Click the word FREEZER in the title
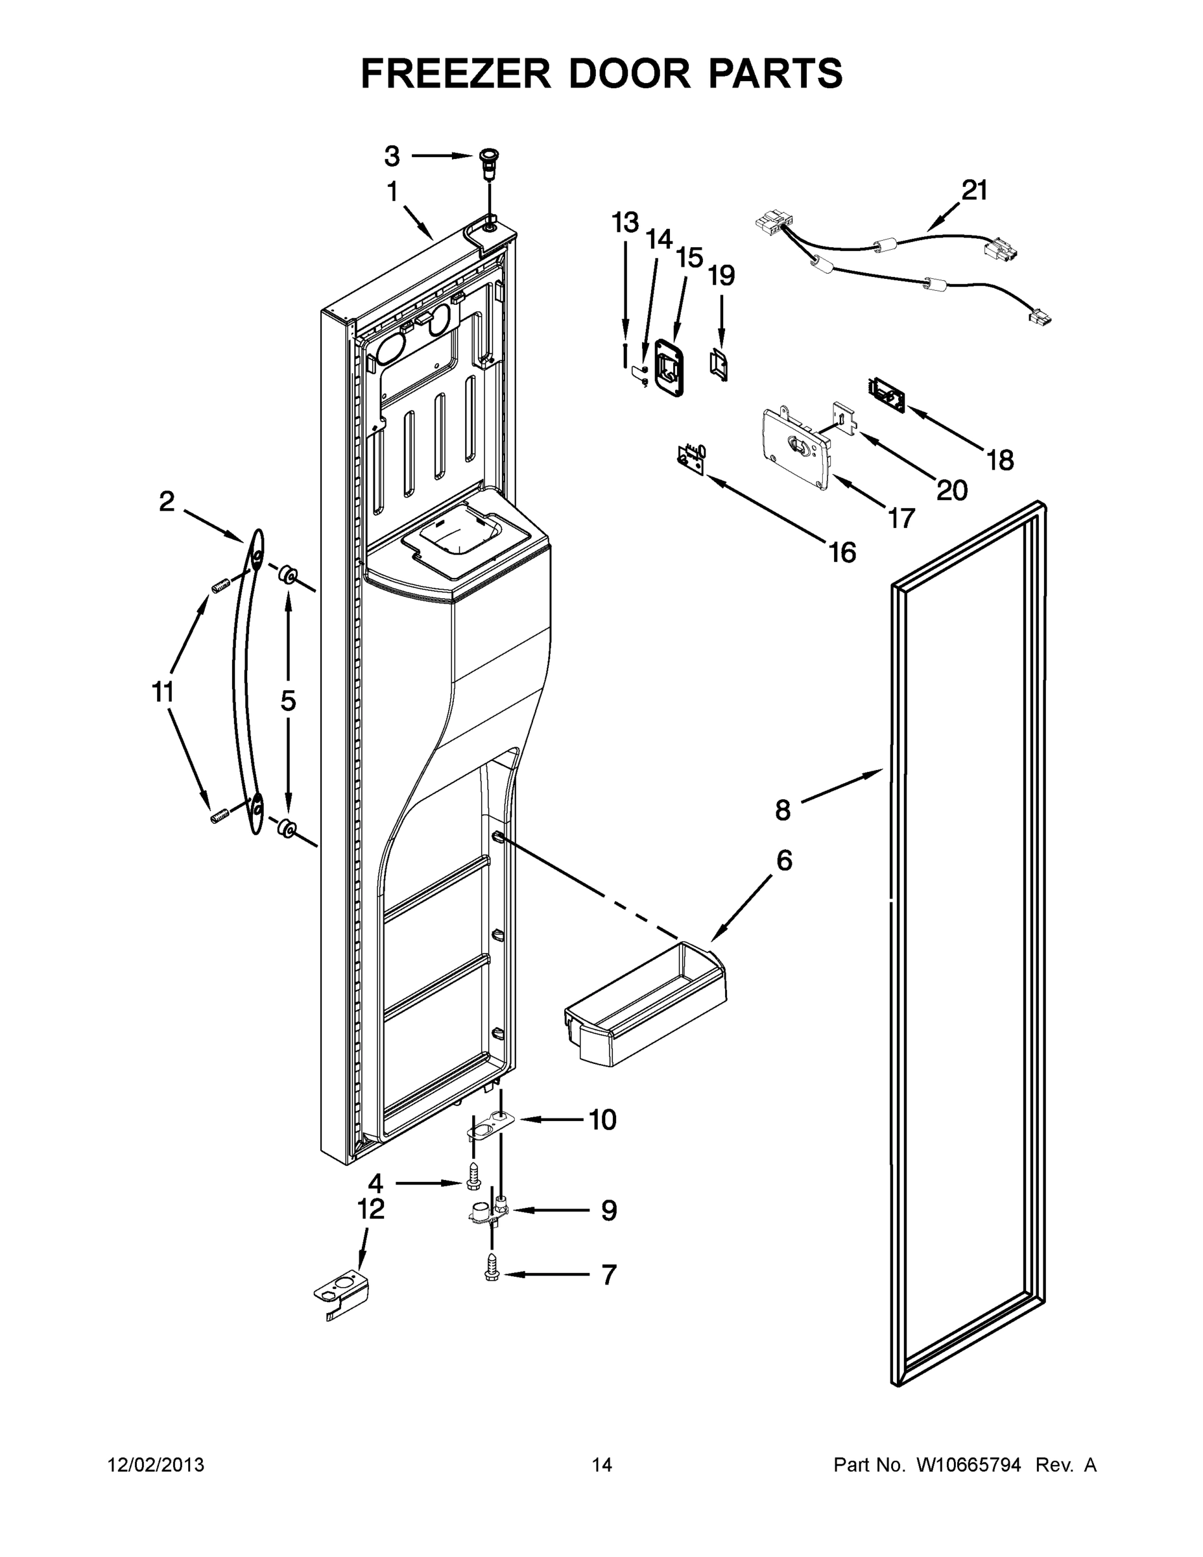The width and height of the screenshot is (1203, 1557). pos(456,74)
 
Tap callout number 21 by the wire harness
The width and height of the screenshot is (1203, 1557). pos(974,191)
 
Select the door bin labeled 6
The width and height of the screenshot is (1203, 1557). pos(646,1015)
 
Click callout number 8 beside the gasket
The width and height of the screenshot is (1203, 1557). pos(783,810)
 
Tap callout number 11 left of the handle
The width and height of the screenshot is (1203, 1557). pos(163,692)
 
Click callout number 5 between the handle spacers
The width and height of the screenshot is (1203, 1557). pos(288,701)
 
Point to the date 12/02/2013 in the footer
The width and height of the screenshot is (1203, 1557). pos(156,1465)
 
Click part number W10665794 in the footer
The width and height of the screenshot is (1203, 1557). pos(968,1465)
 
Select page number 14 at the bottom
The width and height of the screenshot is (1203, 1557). pos(602,1465)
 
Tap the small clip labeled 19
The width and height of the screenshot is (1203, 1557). pos(719,365)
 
